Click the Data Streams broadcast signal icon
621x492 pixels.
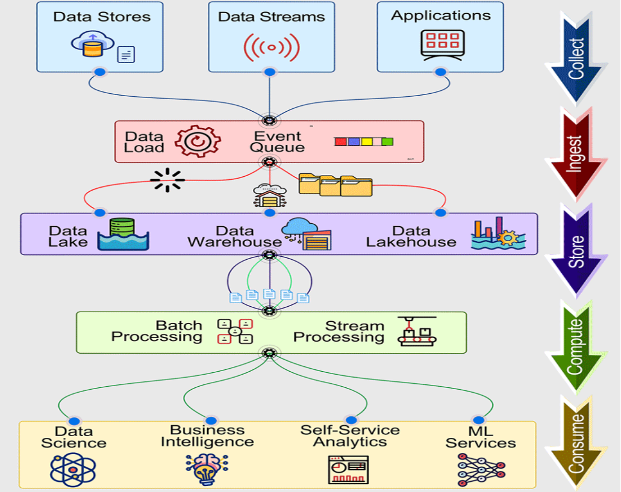(271, 47)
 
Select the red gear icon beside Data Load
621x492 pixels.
(198, 141)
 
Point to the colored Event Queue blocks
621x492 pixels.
(364, 142)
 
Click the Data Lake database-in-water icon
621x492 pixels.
(123, 234)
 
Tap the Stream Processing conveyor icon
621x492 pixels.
(417, 332)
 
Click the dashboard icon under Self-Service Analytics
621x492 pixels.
(348, 470)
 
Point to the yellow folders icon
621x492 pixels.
(335, 184)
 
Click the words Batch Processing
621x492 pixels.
(157, 331)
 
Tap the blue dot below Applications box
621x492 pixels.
(441, 72)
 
